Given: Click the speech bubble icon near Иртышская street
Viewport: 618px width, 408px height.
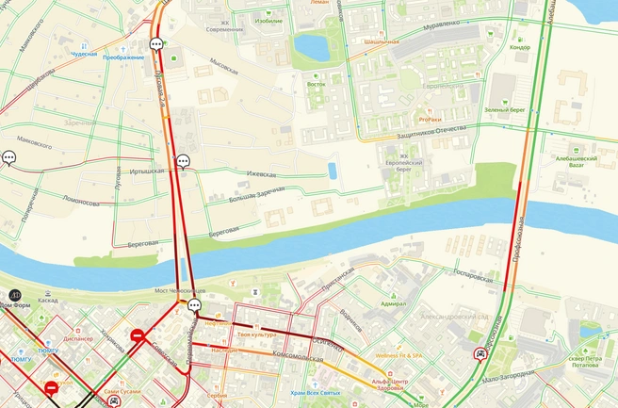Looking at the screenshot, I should coord(184,161).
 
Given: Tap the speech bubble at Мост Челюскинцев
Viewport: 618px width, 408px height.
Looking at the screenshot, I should coord(195,305).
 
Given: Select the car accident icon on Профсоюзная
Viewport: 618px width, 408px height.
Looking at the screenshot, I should coord(481,355).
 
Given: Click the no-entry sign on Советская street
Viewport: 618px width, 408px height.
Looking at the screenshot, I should coord(138,335).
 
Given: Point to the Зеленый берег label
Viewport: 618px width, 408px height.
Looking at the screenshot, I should coord(503,109).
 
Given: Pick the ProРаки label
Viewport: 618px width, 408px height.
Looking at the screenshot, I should coord(430,120).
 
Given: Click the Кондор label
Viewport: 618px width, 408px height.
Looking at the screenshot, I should coord(519,47).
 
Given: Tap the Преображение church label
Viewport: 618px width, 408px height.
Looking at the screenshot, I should coord(123,57).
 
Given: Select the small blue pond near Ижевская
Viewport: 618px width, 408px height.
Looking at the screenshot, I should coord(332,170).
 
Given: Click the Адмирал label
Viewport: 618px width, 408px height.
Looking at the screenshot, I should coord(393,303).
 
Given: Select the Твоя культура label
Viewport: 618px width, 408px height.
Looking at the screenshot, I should coord(256,335).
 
